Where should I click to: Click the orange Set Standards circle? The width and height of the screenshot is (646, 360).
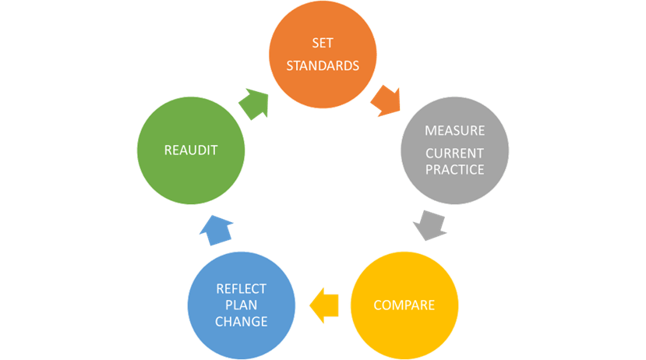coord(323,55)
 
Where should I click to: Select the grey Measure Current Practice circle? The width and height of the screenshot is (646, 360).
coord(455,150)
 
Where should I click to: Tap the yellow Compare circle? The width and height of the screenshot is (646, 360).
coord(404,305)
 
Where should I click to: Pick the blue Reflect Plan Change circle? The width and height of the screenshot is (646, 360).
coord(242,305)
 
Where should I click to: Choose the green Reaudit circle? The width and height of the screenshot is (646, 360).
coord(191,150)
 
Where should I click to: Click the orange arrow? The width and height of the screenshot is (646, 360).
coord(386,101)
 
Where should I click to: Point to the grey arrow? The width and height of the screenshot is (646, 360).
coord(430,225)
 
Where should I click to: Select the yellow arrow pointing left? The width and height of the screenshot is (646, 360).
coord(324,305)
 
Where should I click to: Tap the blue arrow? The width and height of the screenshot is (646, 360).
coord(217,230)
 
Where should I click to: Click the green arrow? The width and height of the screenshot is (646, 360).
coord(254,104)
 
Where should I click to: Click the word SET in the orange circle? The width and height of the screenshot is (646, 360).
coord(323,43)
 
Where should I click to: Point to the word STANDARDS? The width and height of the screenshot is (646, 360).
coord(323,65)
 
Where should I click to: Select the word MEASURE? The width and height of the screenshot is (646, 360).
coord(455,131)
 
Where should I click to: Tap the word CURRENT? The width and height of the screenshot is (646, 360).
coord(455,154)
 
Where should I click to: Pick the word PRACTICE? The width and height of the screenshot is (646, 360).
coord(455,169)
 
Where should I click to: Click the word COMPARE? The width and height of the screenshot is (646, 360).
coord(404,305)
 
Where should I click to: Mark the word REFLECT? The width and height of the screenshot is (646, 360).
coord(242,289)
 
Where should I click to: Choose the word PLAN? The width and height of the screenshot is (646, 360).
coord(242,305)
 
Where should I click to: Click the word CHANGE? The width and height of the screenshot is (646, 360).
coord(242,321)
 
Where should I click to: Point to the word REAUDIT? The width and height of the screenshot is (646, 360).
coord(191,150)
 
